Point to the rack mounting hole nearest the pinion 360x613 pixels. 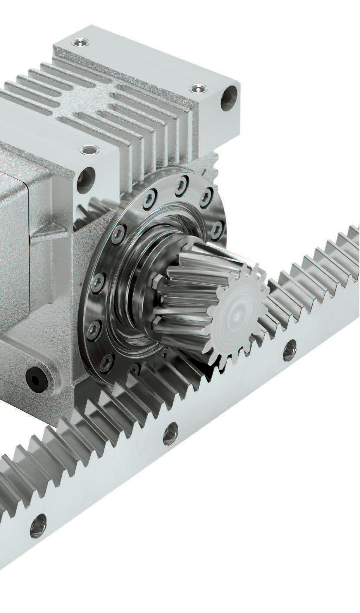(289, 350)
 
